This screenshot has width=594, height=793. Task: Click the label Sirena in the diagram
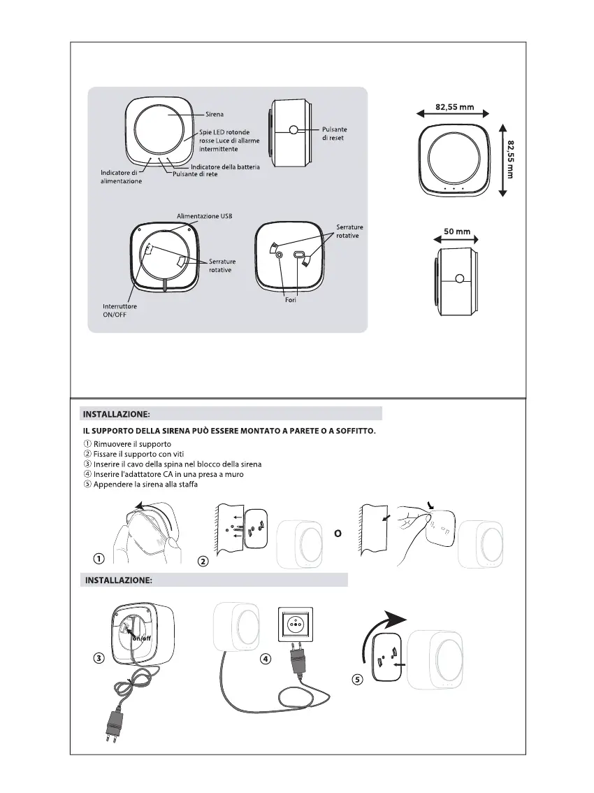pyautogui.click(x=215, y=113)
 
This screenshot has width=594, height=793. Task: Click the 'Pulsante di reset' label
pyautogui.click(x=334, y=134)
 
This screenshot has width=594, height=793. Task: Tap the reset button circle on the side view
pyautogui.click(x=294, y=129)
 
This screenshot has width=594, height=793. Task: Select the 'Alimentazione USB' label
pyautogui.click(x=204, y=216)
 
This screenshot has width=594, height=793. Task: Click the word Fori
pyautogui.click(x=291, y=300)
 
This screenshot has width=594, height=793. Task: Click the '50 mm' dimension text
pyautogui.click(x=457, y=229)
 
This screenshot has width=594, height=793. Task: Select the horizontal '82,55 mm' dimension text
pyautogui.click(x=455, y=107)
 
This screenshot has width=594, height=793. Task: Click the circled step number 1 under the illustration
pyautogui.click(x=100, y=558)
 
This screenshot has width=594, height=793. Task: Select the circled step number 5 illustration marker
pyautogui.click(x=358, y=680)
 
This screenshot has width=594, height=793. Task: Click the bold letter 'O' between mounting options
pyautogui.click(x=337, y=532)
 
